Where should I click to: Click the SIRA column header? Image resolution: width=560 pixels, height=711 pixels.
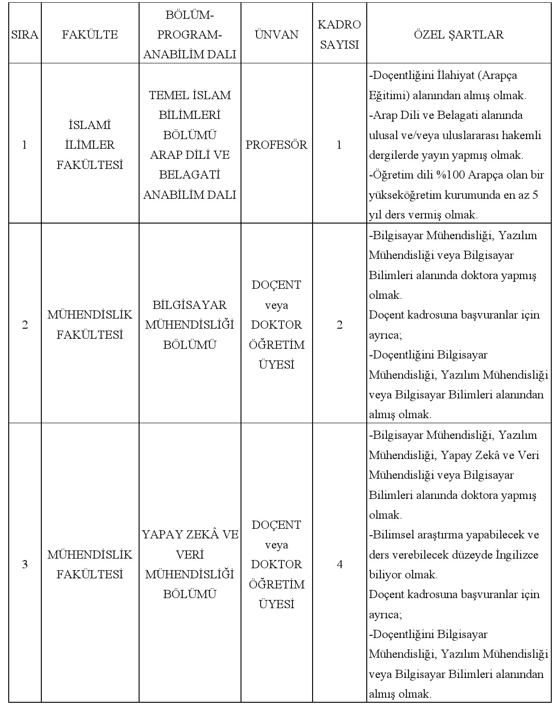25,34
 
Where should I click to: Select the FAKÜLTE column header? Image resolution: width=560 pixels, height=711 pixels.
90,34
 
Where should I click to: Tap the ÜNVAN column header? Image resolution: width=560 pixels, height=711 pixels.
276,34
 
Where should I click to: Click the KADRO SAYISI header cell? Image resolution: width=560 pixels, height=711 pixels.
339,34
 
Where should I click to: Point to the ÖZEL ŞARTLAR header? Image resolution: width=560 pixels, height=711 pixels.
459,34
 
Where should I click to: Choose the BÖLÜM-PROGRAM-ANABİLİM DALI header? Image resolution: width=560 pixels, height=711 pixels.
190,34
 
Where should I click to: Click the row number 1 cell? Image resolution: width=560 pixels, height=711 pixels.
25,145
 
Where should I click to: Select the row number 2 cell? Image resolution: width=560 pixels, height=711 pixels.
25,325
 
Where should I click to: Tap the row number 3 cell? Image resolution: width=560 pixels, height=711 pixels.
25,564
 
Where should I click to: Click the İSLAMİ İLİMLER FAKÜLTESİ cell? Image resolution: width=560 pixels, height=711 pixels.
90,145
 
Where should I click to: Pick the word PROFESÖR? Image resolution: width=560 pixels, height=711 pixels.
276,145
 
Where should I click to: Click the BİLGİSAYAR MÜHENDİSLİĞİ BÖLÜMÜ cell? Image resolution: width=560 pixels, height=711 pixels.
190,325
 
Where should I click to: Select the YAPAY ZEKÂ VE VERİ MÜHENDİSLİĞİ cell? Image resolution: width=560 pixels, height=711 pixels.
190,564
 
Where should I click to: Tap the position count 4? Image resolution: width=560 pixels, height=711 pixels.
339,564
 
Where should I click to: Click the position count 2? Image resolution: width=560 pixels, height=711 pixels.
339,325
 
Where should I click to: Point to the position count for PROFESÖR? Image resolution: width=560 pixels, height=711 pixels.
339,145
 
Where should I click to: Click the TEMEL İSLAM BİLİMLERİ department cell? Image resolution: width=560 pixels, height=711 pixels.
190,145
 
